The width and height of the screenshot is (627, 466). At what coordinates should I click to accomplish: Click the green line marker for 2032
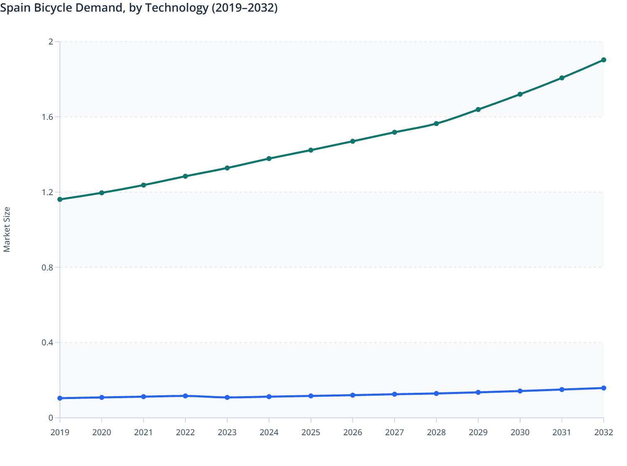coord(603,60)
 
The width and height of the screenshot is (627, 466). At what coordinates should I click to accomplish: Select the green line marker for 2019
coord(60,199)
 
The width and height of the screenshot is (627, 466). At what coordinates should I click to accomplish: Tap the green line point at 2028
coord(436,124)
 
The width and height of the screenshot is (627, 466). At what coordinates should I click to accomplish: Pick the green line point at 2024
coord(269,159)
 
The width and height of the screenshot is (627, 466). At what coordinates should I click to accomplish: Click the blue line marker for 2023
coord(227,397)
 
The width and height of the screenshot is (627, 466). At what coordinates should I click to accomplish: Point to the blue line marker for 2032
coord(603,388)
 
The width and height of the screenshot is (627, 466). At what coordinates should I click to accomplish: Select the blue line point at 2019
coord(60,398)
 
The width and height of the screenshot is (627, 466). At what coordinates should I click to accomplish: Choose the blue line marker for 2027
coord(394,394)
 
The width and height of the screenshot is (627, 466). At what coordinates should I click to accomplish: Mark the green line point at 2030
coord(520,94)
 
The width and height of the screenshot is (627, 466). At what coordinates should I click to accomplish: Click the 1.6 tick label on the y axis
coord(47,117)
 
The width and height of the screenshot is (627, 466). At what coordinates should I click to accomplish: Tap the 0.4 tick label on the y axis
coord(47,343)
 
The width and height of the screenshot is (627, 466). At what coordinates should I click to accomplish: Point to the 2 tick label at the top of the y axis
coord(51,42)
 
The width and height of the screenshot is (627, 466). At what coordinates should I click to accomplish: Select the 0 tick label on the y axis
coord(51,418)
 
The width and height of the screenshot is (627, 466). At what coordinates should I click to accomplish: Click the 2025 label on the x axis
coord(311,432)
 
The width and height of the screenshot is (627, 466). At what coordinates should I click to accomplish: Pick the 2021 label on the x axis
coord(143,432)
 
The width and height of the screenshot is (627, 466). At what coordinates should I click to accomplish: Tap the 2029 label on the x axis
coord(478,432)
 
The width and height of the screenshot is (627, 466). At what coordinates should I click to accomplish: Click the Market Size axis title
coord(7,230)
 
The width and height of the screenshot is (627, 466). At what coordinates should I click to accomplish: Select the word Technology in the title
coord(176,8)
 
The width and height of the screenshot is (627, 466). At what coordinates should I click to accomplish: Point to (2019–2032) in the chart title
coord(244,8)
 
